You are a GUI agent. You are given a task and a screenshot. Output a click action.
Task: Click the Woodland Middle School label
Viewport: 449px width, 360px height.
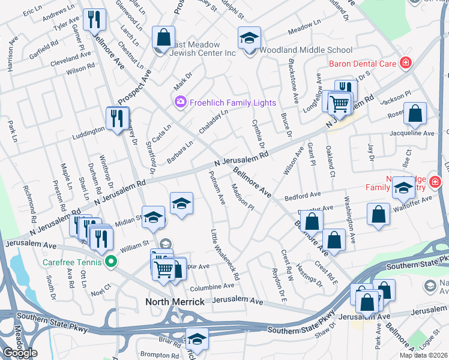click(x=306, y=50)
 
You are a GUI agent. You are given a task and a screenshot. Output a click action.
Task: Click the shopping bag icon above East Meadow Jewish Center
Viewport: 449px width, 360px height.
click(x=163, y=38)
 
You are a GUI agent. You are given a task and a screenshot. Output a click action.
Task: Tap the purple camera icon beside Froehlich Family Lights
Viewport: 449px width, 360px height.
click(x=179, y=103)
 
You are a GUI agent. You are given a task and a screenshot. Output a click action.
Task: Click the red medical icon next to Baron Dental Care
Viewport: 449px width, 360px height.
click(x=406, y=62)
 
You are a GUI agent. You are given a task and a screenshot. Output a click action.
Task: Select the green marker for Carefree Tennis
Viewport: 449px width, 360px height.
click(x=110, y=262)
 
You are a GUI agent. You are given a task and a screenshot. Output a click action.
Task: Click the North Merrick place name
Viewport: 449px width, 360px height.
click(x=175, y=302)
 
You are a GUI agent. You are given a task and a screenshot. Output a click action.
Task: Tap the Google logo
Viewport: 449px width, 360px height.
click(x=20, y=352)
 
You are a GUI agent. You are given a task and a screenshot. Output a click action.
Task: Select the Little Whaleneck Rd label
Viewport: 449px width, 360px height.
click(x=225, y=255)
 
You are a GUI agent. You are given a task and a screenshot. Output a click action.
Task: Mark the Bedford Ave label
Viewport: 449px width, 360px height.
click(x=303, y=196)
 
